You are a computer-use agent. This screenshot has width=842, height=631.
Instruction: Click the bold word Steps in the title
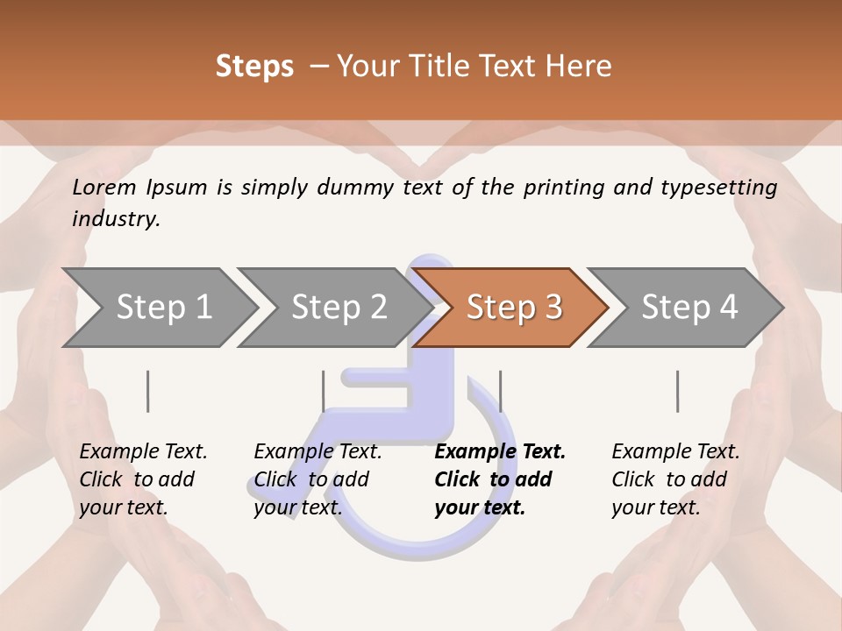254,66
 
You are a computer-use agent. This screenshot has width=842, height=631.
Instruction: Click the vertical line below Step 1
148,391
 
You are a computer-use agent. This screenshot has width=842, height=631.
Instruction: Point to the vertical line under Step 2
324,391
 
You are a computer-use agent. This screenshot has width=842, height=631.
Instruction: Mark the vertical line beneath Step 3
500,391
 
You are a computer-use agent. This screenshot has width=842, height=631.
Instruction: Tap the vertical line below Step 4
677,391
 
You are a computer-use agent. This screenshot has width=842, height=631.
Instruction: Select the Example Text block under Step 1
143,479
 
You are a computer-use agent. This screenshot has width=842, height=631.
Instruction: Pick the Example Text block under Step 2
318,479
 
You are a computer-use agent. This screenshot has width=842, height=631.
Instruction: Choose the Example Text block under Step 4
675,479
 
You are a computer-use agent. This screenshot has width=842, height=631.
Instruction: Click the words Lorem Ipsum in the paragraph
140,187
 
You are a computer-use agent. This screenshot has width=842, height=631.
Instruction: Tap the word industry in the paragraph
116,218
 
